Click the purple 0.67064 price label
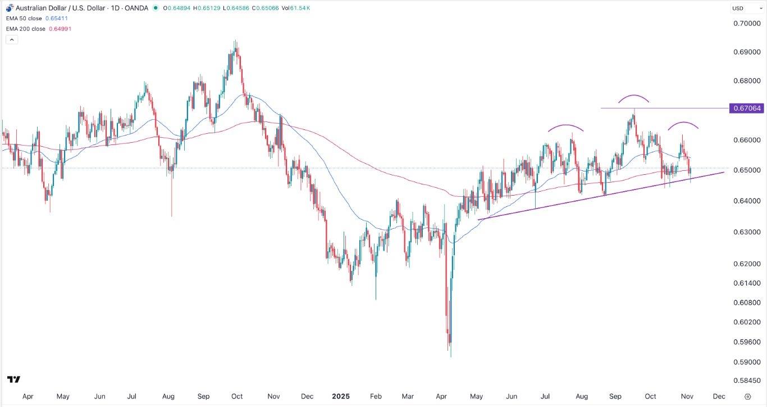(x=746, y=108)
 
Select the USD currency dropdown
(x=745, y=8)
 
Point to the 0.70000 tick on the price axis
(x=746, y=23)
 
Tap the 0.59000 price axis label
(x=746, y=362)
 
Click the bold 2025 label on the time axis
(x=340, y=396)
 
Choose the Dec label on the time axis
(x=719, y=396)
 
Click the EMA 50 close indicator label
(x=37, y=19)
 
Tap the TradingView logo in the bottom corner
(x=14, y=379)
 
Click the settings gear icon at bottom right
(x=747, y=396)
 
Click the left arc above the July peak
(x=566, y=126)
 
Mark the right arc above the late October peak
(x=683, y=123)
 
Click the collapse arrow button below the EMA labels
(x=11, y=40)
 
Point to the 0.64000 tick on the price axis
(x=746, y=201)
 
